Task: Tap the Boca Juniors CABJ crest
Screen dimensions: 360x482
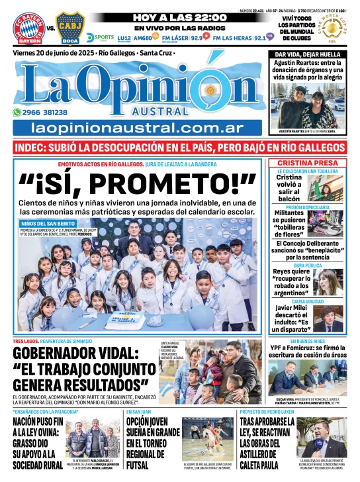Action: point(70,27)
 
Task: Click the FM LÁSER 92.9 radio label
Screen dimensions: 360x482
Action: point(188,38)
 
